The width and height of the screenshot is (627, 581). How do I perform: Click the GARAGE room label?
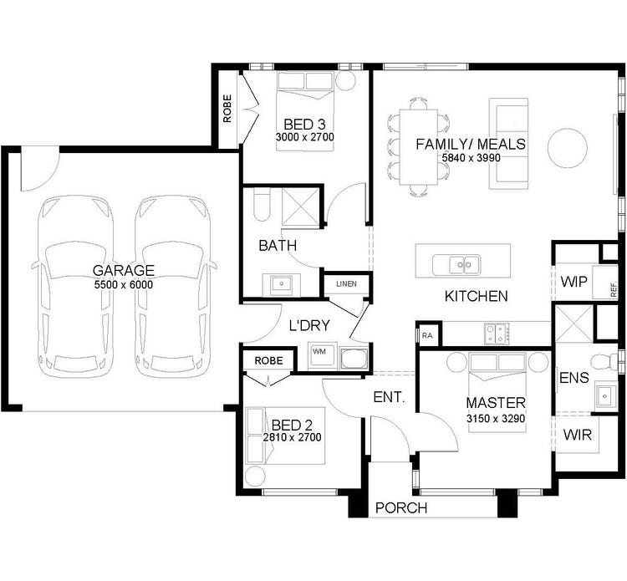tap(124, 270)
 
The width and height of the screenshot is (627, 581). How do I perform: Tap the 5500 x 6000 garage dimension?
tap(124, 284)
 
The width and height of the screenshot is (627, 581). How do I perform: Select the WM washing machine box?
tap(319, 352)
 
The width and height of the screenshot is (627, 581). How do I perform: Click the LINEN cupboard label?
tap(345, 284)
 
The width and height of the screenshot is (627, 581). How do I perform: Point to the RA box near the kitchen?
tap(427, 335)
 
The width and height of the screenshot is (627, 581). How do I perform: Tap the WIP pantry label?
tap(573, 281)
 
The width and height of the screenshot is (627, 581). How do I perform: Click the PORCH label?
tap(401, 507)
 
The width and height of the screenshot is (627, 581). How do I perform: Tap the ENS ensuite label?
tap(573, 378)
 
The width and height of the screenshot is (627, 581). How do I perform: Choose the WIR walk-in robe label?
tap(577, 435)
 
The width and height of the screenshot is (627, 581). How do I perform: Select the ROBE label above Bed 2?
tap(268, 360)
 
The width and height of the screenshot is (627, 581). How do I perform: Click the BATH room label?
tap(277, 246)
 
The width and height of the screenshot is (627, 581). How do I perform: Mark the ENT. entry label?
tap(388, 398)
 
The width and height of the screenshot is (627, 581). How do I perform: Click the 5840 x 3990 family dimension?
tap(471, 158)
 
